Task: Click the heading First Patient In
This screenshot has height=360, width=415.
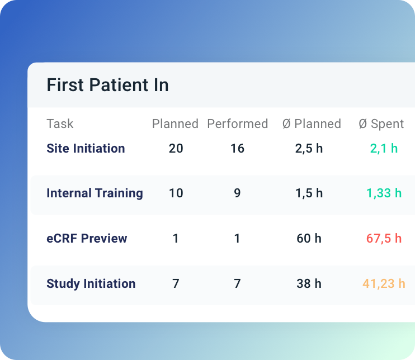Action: click(107, 86)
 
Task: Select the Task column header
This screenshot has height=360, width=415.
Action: click(60, 124)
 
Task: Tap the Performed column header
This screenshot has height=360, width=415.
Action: click(237, 124)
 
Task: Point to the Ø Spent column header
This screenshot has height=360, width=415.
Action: click(381, 124)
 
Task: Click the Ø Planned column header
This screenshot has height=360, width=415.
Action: click(312, 124)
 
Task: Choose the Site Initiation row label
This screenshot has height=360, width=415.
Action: click(86, 148)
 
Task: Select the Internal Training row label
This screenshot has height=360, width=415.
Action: click(95, 193)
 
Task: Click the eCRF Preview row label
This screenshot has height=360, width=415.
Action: click(87, 238)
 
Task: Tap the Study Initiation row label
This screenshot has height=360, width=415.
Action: click(91, 283)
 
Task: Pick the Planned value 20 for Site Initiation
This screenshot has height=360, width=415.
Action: click(176, 148)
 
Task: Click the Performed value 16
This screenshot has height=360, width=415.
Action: click(237, 148)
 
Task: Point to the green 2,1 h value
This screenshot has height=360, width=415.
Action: click(384, 148)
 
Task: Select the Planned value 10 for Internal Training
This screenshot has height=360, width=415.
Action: click(176, 193)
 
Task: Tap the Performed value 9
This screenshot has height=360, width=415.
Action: click(237, 193)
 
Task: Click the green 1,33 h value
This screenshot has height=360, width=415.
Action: click(384, 193)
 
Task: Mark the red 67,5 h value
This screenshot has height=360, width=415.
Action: click(384, 238)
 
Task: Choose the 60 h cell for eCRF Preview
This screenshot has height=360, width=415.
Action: click(309, 238)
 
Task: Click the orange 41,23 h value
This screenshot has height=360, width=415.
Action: click(384, 283)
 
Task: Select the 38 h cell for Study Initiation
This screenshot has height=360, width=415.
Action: click(309, 283)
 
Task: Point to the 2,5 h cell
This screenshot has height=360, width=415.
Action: click(309, 148)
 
